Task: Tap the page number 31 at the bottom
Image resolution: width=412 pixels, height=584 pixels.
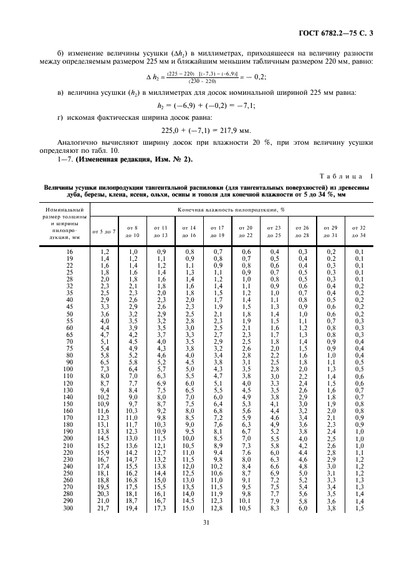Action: [x=205, y=558]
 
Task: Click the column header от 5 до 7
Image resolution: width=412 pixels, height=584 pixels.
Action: [x=104, y=231]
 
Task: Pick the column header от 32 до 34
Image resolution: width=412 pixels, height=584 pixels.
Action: [x=358, y=231]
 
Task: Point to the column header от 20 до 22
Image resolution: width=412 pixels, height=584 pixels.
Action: [x=246, y=231]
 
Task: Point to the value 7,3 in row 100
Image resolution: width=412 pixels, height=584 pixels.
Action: [x=104, y=370]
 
